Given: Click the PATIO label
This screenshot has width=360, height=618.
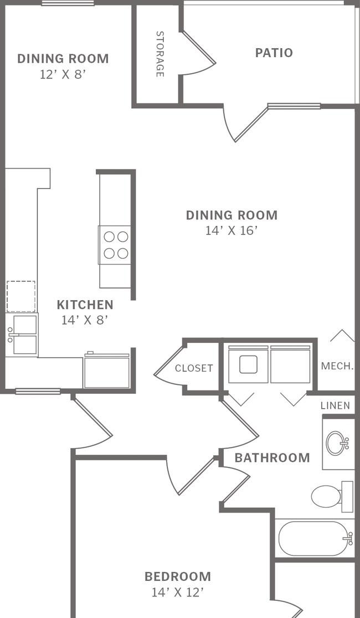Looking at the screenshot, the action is coord(274,53).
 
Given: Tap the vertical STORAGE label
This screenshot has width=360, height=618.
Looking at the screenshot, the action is coord(160,54).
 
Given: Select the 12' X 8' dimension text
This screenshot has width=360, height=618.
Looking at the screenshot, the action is coord(63,75).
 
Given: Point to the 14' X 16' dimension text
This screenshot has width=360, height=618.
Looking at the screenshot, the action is coord(232,230).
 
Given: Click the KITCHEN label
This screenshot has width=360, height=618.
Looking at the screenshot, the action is coord(85,305).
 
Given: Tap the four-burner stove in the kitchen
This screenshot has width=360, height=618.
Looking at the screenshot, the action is coord(115,245).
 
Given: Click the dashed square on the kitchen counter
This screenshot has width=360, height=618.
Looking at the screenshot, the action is coord(21,296).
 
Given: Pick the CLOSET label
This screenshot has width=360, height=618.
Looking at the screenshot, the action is coord(194,368).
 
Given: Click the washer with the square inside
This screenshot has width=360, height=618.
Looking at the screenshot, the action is coord(249,364).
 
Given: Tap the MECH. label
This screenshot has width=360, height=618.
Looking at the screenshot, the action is coord(337,366).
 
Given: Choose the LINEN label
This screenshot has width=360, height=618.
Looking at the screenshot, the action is coord(335,405).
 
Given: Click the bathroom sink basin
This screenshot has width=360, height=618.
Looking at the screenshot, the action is coord(336,444).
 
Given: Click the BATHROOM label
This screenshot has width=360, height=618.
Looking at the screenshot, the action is coord(272,458).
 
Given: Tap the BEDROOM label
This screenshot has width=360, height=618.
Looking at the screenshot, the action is coord(177,576).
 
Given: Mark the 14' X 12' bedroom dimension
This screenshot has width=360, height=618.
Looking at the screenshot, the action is coord(177,593).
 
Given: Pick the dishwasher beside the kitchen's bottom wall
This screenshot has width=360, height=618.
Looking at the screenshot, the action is coord(106,370).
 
